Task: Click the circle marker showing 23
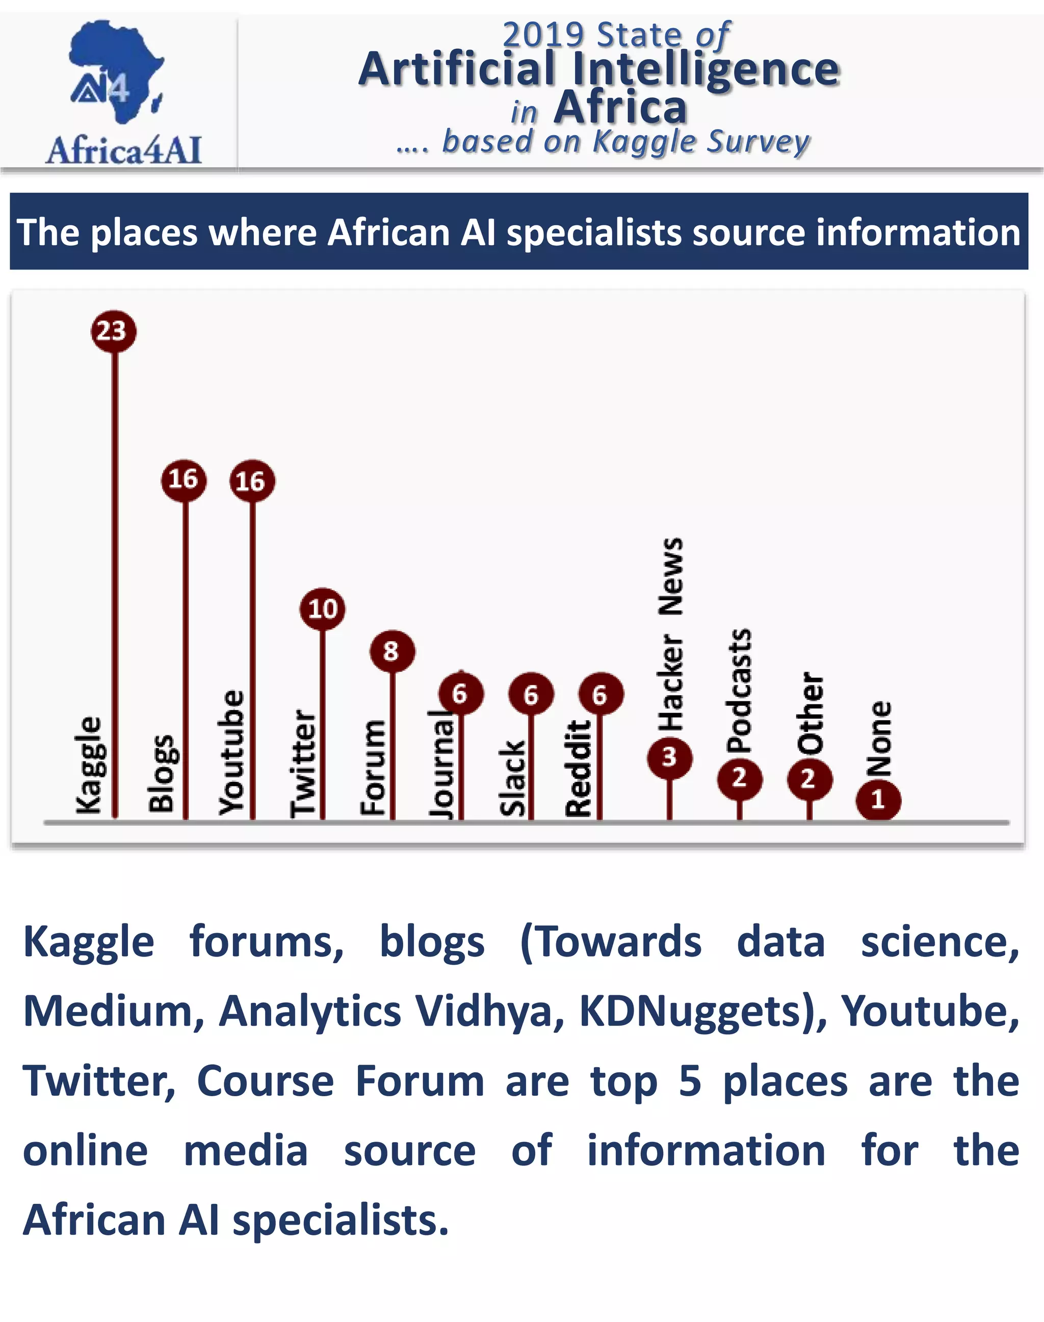[113, 331]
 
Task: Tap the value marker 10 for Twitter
[322, 609]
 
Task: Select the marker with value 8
[392, 651]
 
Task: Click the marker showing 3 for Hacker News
[669, 757]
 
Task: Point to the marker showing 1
[878, 800]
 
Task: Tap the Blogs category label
[162, 774]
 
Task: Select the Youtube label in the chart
[231, 753]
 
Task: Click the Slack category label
[512, 779]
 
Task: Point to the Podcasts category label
[739, 691]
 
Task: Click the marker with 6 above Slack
[531, 695]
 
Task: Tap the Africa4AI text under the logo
[123, 150]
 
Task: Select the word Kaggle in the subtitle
[645, 142]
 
